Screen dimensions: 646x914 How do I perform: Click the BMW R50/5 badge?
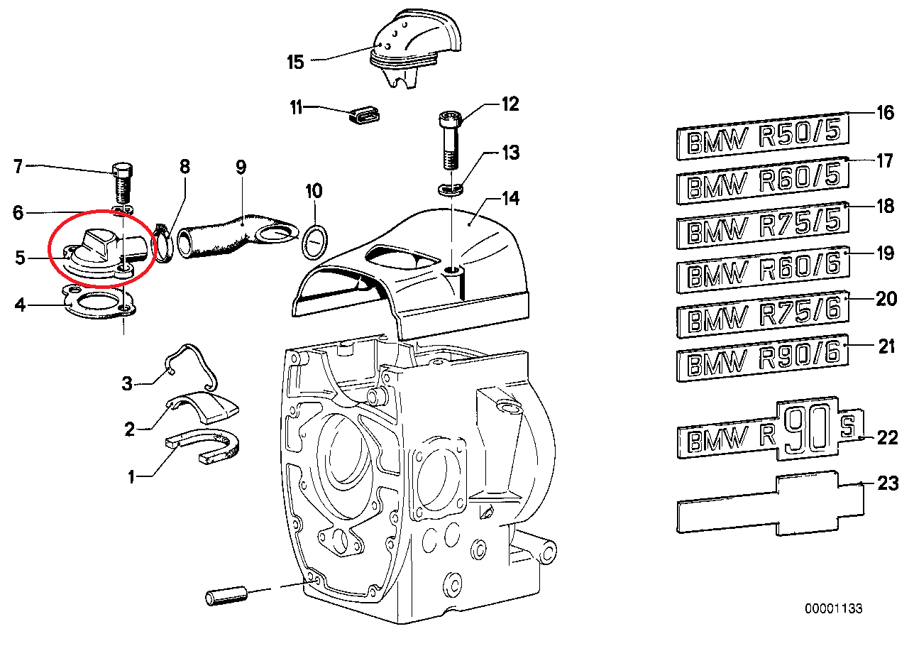click(761, 136)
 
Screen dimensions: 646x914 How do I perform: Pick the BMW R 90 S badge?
click(770, 431)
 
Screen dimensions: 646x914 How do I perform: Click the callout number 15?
click(295, 62)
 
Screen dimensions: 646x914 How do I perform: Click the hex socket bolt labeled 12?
click(449, 141)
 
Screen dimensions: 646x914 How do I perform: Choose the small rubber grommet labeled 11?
click(366, 114)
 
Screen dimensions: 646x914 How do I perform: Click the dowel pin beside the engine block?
click(226, 596)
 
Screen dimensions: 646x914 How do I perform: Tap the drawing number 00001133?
click(833, 608)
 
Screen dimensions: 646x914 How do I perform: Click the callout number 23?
click(888, 484)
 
